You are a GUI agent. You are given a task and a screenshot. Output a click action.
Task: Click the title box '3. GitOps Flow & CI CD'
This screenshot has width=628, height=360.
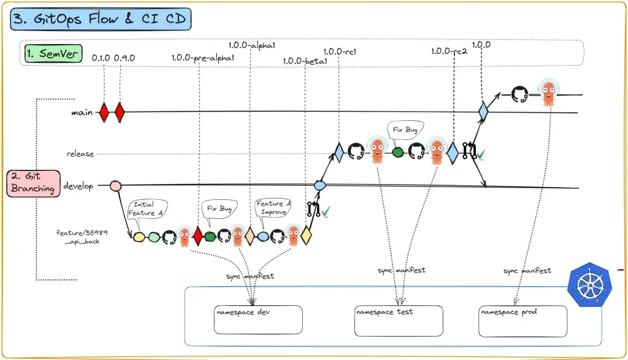click(x=101, y=19)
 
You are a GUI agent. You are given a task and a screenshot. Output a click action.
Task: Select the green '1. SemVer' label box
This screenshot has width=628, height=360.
click(x=53, y=53)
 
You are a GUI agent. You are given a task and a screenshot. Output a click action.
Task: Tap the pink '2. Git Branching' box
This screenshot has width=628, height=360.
click(x=33, y=183)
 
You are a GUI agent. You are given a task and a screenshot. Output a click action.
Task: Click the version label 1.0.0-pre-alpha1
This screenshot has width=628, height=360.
click(x=202, y=58)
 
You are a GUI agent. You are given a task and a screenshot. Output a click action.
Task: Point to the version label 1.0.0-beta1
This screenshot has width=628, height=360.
click(x=305, y=61)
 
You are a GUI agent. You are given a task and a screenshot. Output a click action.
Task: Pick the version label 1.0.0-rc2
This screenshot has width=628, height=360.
click(x=449, y=52)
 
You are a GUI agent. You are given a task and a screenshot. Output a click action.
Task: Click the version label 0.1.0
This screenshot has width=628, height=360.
click(x=101, y=58)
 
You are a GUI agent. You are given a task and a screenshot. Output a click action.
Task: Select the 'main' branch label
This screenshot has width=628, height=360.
click(x=82, y=112)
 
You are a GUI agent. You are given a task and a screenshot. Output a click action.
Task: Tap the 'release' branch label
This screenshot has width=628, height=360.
click(x=80, y=154)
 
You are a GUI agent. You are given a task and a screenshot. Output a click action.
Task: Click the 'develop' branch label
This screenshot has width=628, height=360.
click(x=78, y=186)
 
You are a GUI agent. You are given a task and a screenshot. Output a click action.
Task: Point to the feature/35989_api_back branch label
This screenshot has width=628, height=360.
click(x=82, y=237)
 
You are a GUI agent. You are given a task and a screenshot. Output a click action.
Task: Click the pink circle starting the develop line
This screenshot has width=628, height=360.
click(x=116, y=186)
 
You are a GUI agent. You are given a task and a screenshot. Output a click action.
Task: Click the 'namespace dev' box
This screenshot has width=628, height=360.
click(x=258, y=320)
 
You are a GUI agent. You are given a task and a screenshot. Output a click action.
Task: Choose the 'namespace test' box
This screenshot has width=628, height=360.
click(x=399, y=321)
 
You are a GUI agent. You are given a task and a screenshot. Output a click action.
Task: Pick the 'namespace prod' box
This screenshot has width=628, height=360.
click(x=523, y=321)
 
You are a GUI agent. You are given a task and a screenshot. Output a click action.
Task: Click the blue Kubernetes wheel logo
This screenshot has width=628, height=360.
click(x=590, y=285)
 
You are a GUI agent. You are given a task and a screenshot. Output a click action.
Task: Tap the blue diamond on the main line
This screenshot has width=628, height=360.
click(x=483, y=111)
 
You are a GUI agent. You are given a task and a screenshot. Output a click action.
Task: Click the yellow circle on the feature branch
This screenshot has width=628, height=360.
click(x=139, y=237)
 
